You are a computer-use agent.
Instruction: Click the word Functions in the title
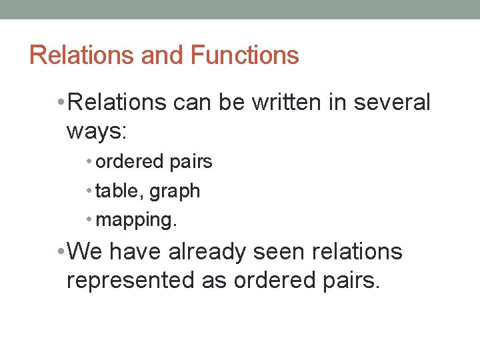[245, 55]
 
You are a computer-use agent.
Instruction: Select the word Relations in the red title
[81, 55]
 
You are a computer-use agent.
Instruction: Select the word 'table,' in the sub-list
[120, 191]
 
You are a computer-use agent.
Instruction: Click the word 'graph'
[175, 192]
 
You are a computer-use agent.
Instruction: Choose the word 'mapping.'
[137, 221]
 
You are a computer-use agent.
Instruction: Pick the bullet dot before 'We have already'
[61, 252]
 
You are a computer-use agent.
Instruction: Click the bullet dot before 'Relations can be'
[61, 103]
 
